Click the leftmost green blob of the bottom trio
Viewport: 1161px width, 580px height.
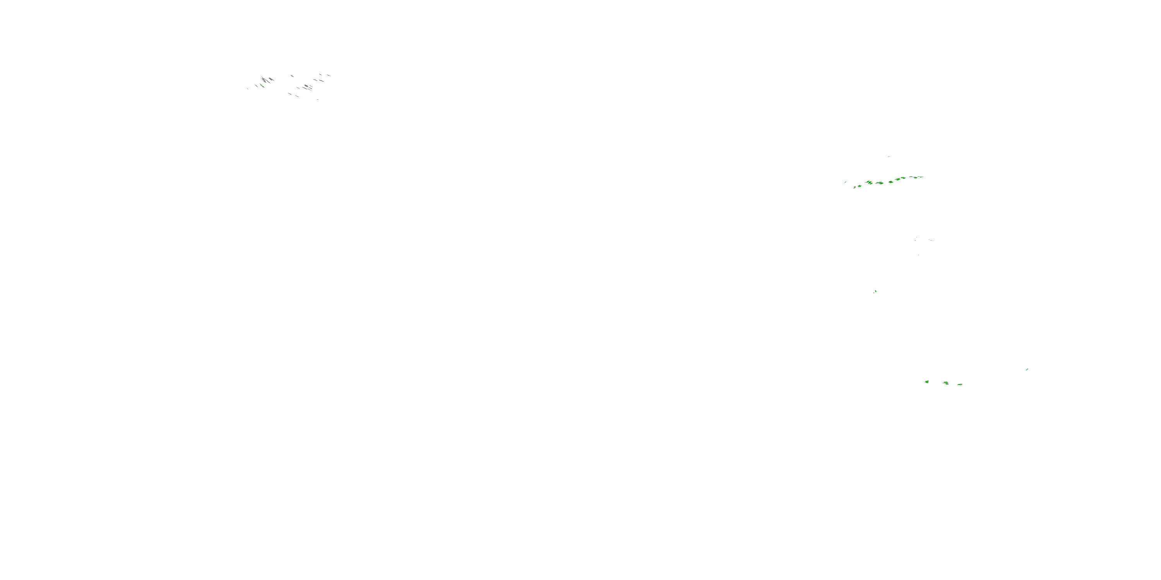pos(926,382)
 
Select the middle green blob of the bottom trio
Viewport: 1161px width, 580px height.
pos(945,383)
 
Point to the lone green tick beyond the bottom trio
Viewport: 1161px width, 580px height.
pos(1027,370)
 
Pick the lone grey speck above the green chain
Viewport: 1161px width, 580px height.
pos(888,157)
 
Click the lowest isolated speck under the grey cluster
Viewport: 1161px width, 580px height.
pos(318,99)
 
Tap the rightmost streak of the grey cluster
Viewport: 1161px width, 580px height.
pos(329,75)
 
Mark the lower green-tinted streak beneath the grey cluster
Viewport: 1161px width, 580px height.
pos(298,96)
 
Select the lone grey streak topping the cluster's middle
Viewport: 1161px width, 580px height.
pos(292,76)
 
